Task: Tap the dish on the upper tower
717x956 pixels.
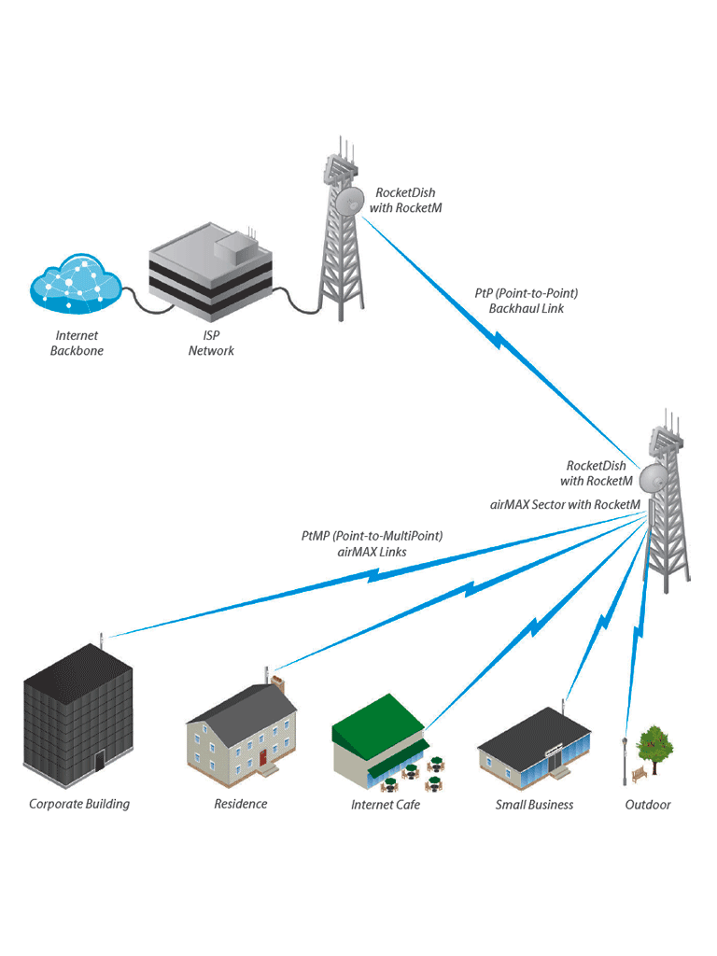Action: (350, 199)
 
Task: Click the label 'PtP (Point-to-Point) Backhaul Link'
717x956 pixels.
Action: (526, 301)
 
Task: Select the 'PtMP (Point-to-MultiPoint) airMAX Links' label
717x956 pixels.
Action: (372, 543)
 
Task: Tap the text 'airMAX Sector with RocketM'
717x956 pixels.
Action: (565, 504)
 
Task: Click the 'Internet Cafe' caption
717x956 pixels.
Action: (385, 805)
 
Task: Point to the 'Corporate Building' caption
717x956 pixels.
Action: (79, 804)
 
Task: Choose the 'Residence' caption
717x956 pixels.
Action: (240, 804)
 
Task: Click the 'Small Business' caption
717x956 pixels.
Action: (534, 805)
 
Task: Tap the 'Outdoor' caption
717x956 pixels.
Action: (647, 805)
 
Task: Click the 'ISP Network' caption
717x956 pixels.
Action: (211, 343)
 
